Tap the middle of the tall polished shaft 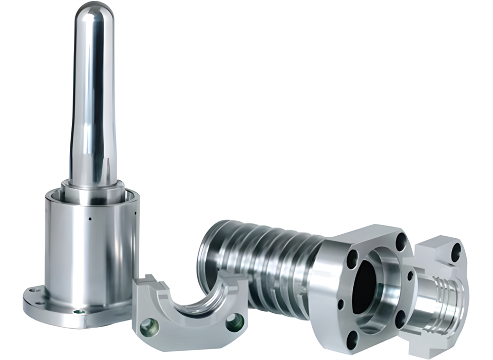pos(92,103)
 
